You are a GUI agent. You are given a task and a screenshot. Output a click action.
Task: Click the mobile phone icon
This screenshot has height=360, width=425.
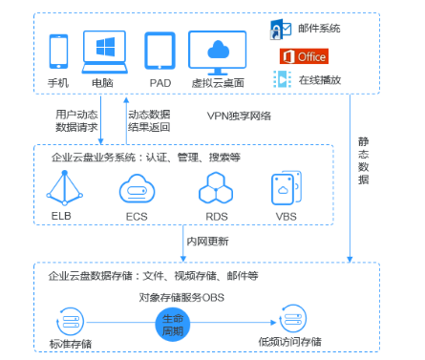point(59,52)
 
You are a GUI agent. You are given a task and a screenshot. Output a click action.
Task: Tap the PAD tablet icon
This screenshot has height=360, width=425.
point(159,50)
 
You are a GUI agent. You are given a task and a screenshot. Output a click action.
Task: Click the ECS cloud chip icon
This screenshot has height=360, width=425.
point(137,189)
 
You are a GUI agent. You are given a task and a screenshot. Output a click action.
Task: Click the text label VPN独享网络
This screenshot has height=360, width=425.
point(240,116)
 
